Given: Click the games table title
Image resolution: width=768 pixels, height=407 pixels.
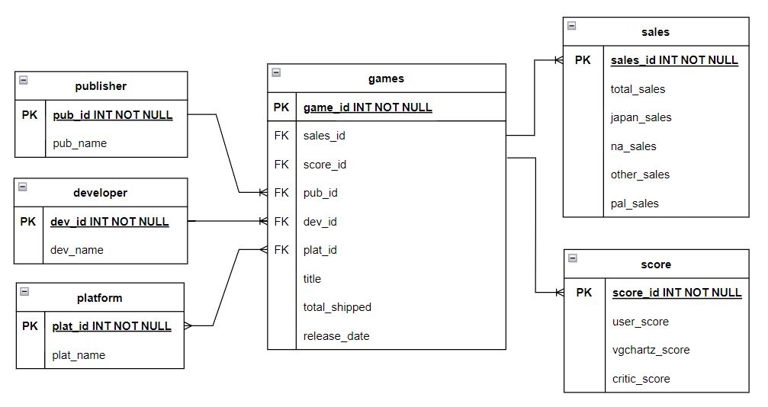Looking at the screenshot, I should click(x=386, y=79).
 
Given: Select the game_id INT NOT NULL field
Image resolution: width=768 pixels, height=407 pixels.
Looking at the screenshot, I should click(x=368, y=107).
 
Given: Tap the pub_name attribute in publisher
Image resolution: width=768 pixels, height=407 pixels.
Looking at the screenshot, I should click(x=80, y=143).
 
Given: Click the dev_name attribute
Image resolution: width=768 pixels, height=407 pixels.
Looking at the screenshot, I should click(x=77, y=250).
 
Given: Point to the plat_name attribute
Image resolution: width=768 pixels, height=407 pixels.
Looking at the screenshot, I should click(x=79, y=355).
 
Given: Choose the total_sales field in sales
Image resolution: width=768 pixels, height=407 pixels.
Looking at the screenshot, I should click(x=638, y=89).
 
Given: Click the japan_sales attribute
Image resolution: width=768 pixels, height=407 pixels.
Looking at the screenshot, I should click(x=641, y=117).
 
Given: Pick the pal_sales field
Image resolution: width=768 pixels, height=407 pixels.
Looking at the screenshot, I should click(x=635, y=203).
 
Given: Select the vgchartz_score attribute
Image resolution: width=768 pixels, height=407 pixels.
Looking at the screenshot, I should click(x=651, y=350).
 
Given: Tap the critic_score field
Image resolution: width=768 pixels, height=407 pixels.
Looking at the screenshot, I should click(x=641, y=379).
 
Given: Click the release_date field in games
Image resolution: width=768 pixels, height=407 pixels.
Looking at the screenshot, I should click(x=336, y=336).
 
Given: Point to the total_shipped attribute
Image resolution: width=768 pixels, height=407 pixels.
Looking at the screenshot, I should click(x=337, y=307).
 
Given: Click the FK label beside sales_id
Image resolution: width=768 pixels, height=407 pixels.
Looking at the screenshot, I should click(x=281, y=136).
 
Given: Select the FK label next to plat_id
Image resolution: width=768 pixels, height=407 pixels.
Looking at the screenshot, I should click(x=281, y=250).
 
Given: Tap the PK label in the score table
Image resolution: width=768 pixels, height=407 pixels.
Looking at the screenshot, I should click(x=584, y=293).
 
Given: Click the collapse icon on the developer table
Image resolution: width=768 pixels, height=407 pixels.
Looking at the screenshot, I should click(x=23, y=187).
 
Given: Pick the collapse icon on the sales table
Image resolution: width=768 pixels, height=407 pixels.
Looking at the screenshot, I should click(x=571, y=26).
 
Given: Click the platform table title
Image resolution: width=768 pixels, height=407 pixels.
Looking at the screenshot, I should click(x=99, y=298).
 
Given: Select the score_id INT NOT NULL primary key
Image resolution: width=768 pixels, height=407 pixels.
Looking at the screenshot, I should click(x=676, y=293).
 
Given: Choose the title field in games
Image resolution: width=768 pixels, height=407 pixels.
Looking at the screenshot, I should click(x=312, y=279).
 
